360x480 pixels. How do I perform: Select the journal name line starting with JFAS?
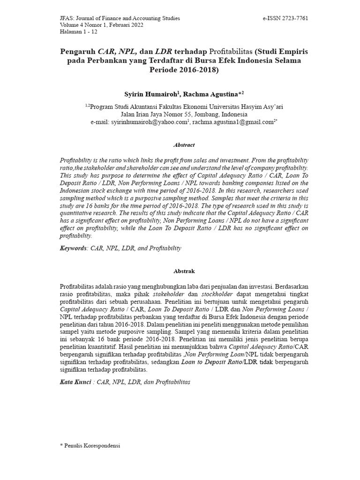[120, 18]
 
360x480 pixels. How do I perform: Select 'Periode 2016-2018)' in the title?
[184, 70]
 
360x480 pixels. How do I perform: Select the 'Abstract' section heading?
[184, 145]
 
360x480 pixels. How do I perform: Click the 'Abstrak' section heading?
[184, 271]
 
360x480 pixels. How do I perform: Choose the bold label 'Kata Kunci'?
[75, 382]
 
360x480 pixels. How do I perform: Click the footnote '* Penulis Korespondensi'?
[90, 446]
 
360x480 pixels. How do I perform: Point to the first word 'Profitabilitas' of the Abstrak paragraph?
[79, 286]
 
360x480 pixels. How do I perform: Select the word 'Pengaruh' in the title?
[78, 51]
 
